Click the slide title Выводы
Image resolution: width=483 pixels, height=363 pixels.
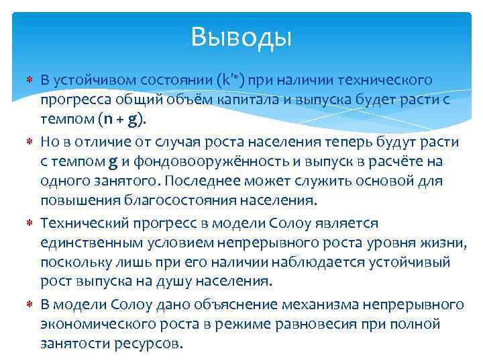click(241, 37)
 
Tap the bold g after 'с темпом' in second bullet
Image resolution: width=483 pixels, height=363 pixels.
click(113, 162)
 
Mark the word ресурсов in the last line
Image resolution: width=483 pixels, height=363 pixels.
click(149, 344)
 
